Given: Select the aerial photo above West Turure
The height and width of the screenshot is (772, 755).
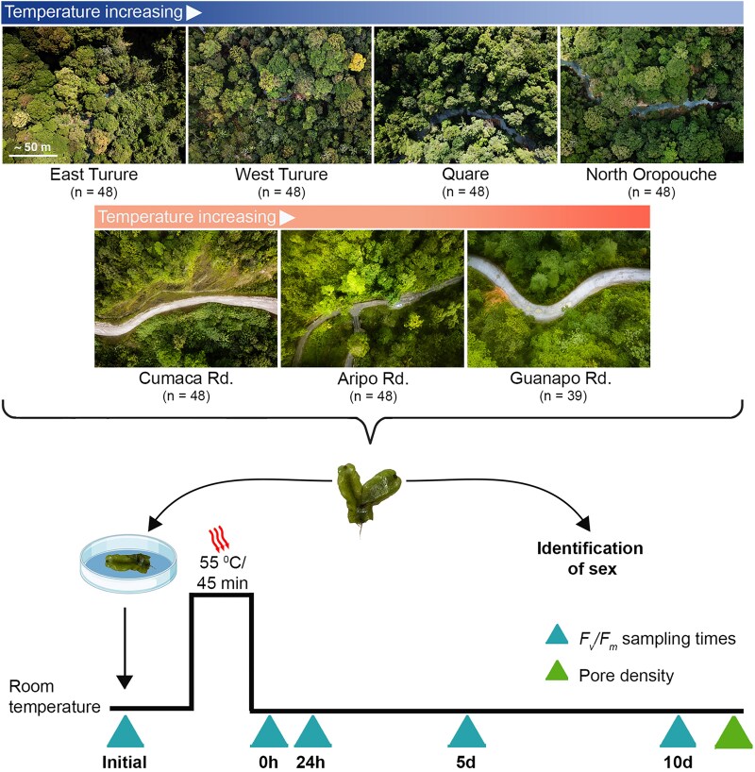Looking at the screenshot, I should coord(280,94).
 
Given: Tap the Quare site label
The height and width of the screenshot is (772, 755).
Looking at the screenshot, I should coord(466,175).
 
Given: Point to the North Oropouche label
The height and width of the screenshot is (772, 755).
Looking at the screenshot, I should coord(652,175).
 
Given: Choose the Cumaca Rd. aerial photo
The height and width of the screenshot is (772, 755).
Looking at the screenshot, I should coord(186,298).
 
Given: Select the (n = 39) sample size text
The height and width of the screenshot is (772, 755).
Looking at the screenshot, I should coord(559,396).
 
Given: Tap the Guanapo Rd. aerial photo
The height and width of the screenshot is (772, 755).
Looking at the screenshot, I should coord(559,298).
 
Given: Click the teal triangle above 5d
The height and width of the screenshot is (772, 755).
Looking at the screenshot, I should coord(465,732).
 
